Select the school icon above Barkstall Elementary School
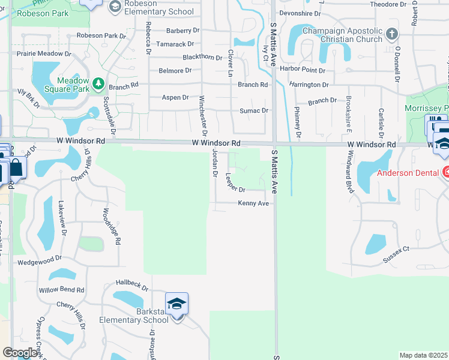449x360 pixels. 177,304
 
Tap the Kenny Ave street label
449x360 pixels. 253,203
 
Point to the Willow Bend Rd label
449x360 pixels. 62,290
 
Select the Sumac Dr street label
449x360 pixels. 253,110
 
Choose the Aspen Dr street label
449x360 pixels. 175,97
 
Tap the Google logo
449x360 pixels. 19,353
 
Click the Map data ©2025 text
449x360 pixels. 423,355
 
